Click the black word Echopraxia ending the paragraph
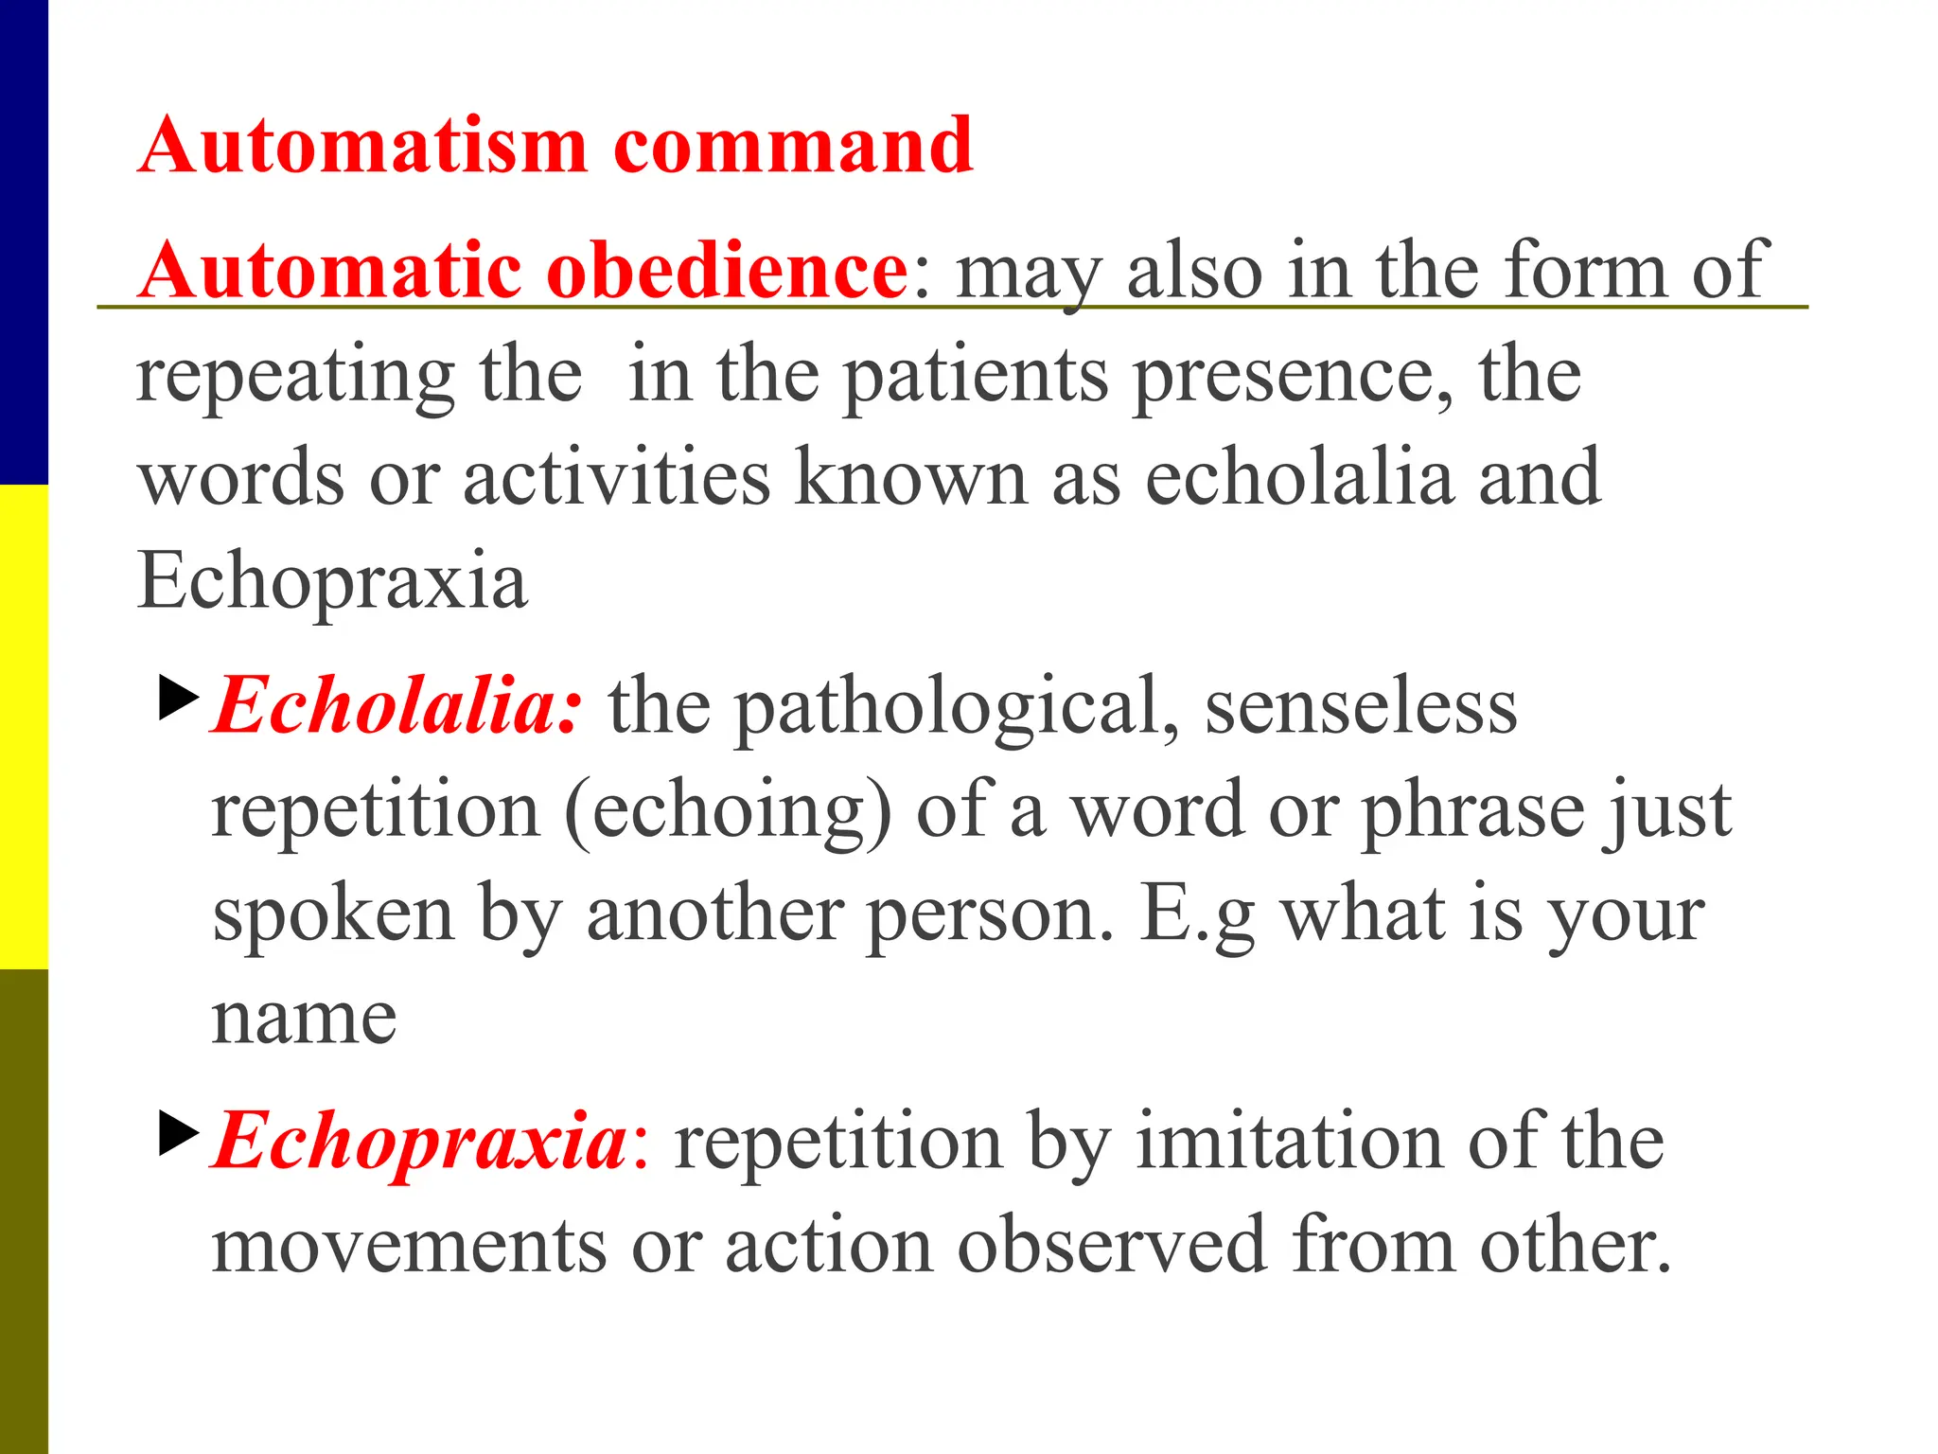pyautogui.click(x=332, y=580)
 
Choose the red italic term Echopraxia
pyautogui.click(x=420, y=1142)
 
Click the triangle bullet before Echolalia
pyautogui.click(x=179, y=698)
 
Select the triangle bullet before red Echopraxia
pyautogui.click(x=179, y=1132)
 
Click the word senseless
pyautogui.click(x=1361, y=707)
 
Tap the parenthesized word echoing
pyautogui.click(x=728, y=812)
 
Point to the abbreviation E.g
pyautogui.click(x=1198, y=916)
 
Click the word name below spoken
pyautogui.click(x=304, y=1020)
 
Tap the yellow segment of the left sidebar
pyautogui.click(x=24, y=727)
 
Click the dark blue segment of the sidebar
pyautogui.click(x=24, y=242)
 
